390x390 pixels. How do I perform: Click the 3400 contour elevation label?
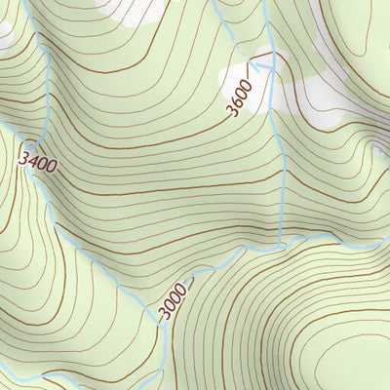[37, 162]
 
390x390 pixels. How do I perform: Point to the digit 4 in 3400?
[33, 159]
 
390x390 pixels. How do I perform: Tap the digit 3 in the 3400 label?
[24, 153]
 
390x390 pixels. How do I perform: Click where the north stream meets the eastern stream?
[281, 244]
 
